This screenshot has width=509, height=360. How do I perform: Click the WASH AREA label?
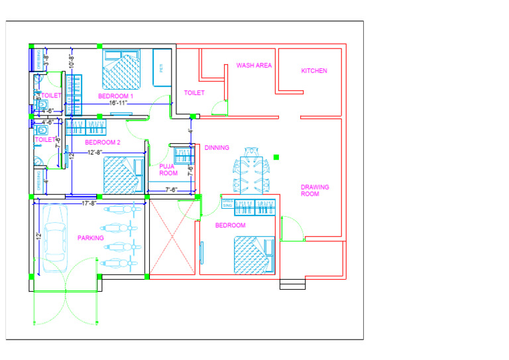(x=254, y=66)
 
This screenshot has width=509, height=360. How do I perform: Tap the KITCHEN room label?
(x=314, y=71)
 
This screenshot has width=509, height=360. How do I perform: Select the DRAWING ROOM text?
(x=310, y=190)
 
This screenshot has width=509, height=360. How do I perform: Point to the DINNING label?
(x=217, y=148)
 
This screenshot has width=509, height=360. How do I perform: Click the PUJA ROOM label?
(x=168, y=170)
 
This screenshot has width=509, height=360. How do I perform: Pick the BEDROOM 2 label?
(x=103, y=143)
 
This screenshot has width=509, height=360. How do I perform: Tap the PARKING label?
(x=90, y=238)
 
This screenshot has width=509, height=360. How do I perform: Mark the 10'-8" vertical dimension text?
(x=71, y=62)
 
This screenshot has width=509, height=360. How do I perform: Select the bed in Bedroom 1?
(x=121, y=70)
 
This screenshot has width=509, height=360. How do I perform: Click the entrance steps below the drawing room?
(x=292, y=284)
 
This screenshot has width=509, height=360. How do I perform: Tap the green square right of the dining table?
(x=276, y=157)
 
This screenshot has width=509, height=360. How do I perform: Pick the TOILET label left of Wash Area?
(x=194, y=93)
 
